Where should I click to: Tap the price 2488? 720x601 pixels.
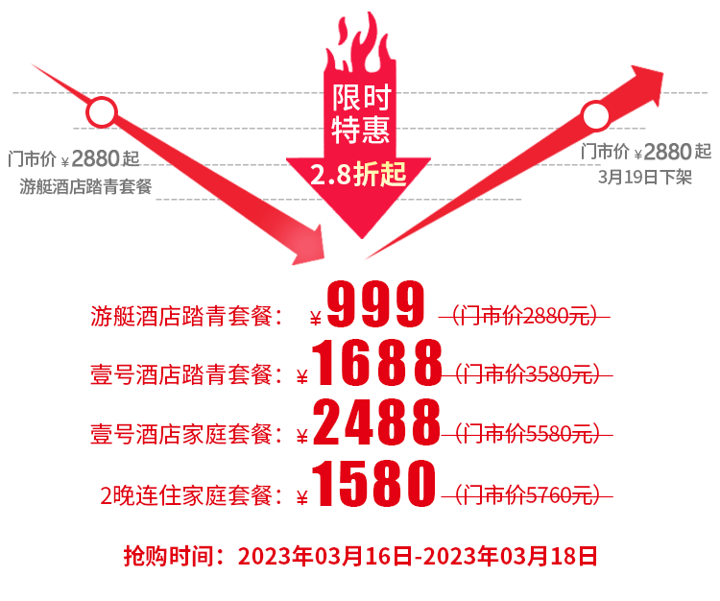377,425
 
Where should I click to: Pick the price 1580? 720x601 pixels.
377,486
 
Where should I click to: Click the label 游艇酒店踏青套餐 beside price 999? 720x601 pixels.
188,316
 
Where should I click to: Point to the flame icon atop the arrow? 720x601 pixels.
360,43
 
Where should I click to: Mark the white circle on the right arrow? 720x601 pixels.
596,118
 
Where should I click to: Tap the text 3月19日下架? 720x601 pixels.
644,177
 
